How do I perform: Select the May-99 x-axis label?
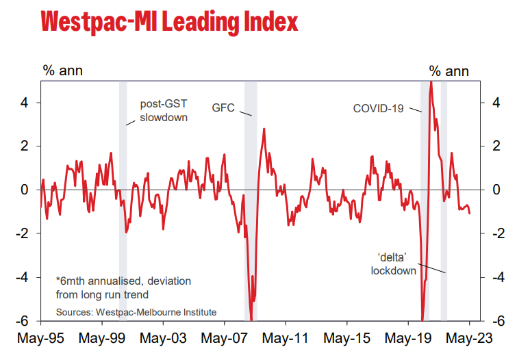(x=101, y=338)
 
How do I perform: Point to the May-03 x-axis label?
(x=163, y=338)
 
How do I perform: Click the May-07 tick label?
(x=224, y=338)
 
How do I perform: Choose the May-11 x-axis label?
(x=286, y=338)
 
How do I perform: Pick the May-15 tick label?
(x=347, y=338)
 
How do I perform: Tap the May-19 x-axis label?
(x=408, y=338)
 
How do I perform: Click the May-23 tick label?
(x=469, y=338)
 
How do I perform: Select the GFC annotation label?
(x=223, y=108)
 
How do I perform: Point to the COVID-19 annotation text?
(x=379, y=108)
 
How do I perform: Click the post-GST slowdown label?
(x=164, y=110)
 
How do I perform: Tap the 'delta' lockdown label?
(x=394, y=264)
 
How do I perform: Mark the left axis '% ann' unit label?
(x=62, y=70)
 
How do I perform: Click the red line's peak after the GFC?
(x=264, y=129)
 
